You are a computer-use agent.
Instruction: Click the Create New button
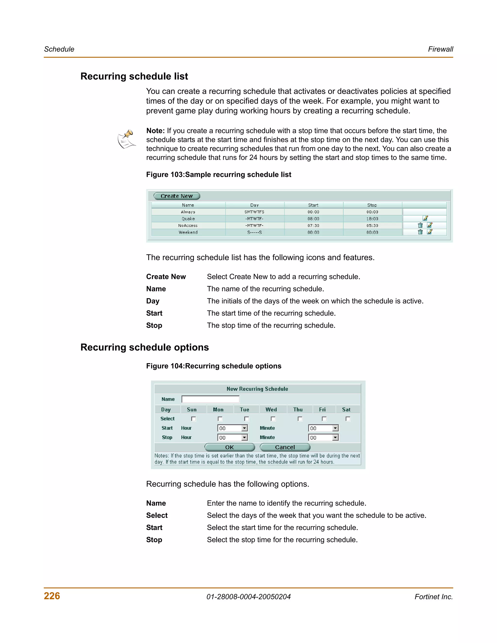click(177, 196)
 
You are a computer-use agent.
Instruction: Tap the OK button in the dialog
click(229, 447)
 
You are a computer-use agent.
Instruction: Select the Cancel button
click(285, 447)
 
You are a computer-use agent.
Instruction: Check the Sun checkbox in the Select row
click(193, 419)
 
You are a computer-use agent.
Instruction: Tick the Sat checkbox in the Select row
click(348, 419)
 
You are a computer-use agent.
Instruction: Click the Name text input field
click(210, 399)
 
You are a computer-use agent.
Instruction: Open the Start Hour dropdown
click(244, 428)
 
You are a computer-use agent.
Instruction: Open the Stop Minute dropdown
click(335, 437)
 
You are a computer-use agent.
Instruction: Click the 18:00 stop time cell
click(372, 219)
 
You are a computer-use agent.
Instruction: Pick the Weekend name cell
click(188, 232)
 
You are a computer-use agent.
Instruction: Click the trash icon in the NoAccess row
click(420, 225)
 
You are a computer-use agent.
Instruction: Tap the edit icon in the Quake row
click(425, 218)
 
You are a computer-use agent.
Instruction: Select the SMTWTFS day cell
click(254, 212)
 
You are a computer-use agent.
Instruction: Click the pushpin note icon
click(127, 139)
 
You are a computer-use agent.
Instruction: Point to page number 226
click(52, 596)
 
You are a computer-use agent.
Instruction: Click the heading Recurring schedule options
click(145, 347)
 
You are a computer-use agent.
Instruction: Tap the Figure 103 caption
click(218, 175)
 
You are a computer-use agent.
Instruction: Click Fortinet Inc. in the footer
click(433, 597)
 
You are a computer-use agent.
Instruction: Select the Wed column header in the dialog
click(271, 410)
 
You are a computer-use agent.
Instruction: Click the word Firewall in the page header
click(440, 49)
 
